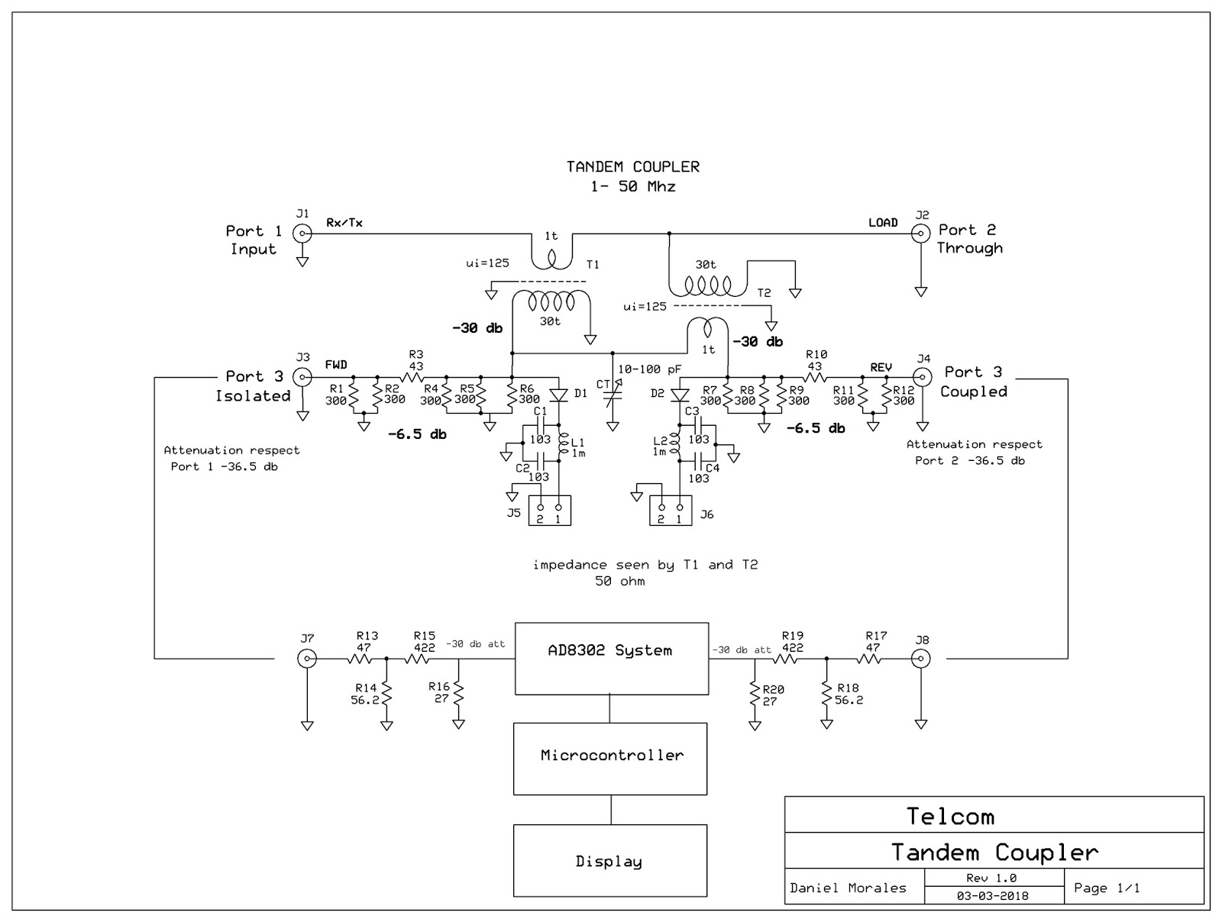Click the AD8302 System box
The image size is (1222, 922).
pyautogui.click(x=611, y=658)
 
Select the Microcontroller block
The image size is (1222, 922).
pyautogui.click(x=610, y=758)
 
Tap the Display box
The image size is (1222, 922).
pyautogui.click(x=609, y=860)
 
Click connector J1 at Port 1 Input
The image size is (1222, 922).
pyautogui.click(x=303, y=234)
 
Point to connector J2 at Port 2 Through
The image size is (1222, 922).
pyautogui.click(x=922, y=234)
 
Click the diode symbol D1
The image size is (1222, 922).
pyautogui.click(x=560, y=394)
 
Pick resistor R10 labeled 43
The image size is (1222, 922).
pyautogui.click(x=815, y=376)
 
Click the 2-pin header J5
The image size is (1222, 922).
pyautogui.click(x=550, y=510)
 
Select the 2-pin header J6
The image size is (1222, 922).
pyautogui.click(x=671, y=510)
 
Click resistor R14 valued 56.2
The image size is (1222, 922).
pyautogui.click(x=386, y=694)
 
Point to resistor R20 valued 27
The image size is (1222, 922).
pyautogui.click(x=755, y=695)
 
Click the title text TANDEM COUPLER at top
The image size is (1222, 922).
pyautogui.click(x=632, y=166)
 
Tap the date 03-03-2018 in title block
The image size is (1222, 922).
pyautogui.click(x=991, y=896)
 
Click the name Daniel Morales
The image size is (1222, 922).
pyautogui.click(x=848, y=888)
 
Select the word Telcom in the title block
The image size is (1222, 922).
pyautogui.click(x=950, y=817)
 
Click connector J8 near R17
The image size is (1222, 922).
pyautogui.click(x=922, y=658)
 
